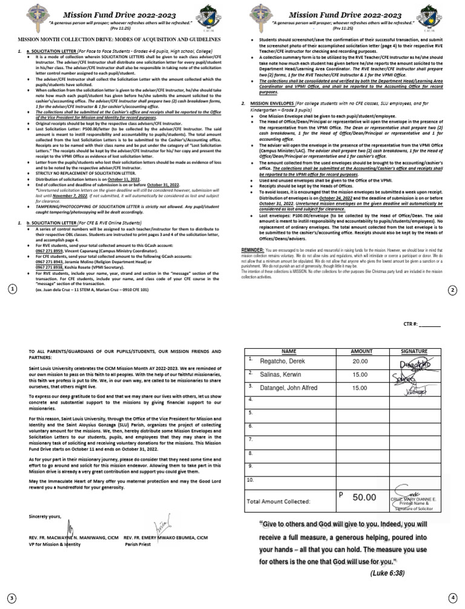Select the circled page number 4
coord(452,597)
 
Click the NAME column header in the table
coord(289,351)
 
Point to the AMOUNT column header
coord(362,351)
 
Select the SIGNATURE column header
coord(414,351)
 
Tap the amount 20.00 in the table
coord(360,361)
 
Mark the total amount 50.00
coord(364,497)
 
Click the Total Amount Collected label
coord(278,502)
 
